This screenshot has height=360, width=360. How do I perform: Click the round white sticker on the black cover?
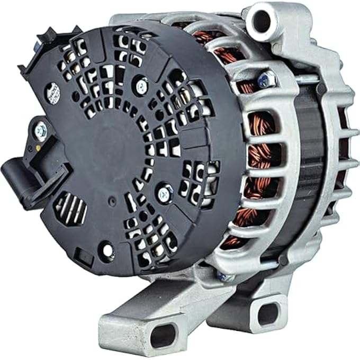coord(53,93)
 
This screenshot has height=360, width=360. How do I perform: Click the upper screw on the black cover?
coord(141,83)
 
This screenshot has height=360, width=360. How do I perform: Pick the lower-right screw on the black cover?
coord(165,193)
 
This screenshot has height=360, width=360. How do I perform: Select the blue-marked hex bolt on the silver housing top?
coord(265,79)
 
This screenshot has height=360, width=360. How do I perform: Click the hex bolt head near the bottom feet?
coord(225,276)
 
